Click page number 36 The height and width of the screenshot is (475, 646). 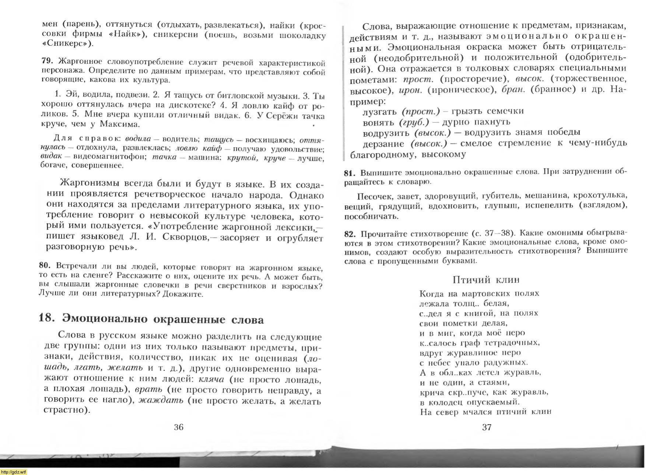179,427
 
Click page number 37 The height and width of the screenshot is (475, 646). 487,427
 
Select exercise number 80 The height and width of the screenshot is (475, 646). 45,266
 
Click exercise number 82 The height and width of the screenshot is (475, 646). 350,234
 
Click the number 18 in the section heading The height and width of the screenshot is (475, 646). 46,318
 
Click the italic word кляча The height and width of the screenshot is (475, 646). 211,379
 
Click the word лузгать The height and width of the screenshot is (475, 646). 380,111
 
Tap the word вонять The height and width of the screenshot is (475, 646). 379,122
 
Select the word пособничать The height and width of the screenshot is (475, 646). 371,216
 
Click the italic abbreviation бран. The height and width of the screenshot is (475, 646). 513,90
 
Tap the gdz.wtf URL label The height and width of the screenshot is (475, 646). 14,472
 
